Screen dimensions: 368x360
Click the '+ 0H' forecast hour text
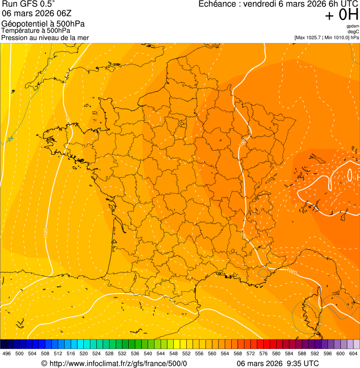[x=341, y=15]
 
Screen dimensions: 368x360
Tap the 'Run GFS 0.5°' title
[x=28, y=5]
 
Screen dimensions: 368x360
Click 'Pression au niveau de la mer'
[x=45, y=37]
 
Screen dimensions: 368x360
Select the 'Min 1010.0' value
[x=337, y=37]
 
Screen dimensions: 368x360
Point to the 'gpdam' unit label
[x=353, y=26]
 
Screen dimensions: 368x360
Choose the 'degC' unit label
[x=353, y=32]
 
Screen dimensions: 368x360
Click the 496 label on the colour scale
[x=7, y=353]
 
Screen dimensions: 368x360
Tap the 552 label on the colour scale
[x=186, y=353]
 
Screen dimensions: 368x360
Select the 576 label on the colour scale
[x=264, y=353]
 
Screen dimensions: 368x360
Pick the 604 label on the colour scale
[x=353, y=353]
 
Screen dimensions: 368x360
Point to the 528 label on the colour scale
[x=110, y=353]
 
